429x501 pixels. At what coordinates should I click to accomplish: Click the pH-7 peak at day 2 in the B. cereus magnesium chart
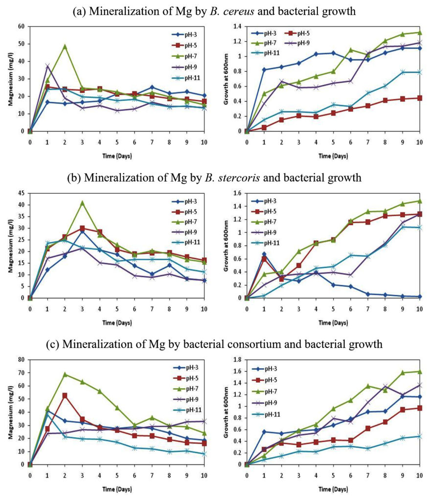65,46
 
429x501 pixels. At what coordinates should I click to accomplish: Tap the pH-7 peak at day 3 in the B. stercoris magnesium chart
82,203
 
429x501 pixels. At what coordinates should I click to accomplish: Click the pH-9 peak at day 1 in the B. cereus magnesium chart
47,66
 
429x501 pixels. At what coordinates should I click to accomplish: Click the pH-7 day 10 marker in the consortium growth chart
420,372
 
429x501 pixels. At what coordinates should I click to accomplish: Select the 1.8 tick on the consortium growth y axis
238,360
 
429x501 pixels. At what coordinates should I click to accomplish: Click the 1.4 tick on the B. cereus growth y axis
238,26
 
